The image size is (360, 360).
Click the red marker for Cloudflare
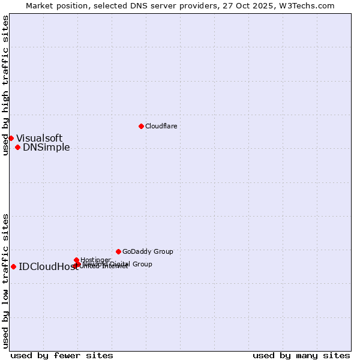point(141,126)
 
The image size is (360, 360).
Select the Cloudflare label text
point(161,126)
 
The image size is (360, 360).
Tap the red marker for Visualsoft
point(11,138)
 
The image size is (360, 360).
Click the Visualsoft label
point(39,138)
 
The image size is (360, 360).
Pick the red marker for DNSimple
point(17,147)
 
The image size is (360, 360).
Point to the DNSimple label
point(46,148)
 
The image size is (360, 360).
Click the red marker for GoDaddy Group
point(118,251)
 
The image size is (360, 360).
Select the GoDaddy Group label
point(148,251)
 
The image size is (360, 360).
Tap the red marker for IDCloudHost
point(13,266)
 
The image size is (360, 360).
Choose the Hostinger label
point(95,260)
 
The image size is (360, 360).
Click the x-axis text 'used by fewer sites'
point(62,355)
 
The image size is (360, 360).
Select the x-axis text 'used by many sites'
point(301,355)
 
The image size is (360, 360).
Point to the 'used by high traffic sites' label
point(5,85)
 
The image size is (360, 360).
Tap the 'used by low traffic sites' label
point(5,280)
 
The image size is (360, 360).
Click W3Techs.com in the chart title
point(310,5)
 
